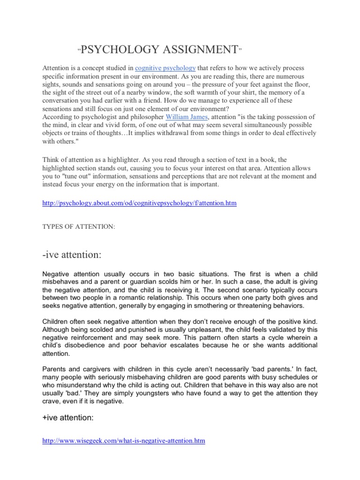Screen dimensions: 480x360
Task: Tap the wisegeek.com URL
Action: (x=124, y=441)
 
